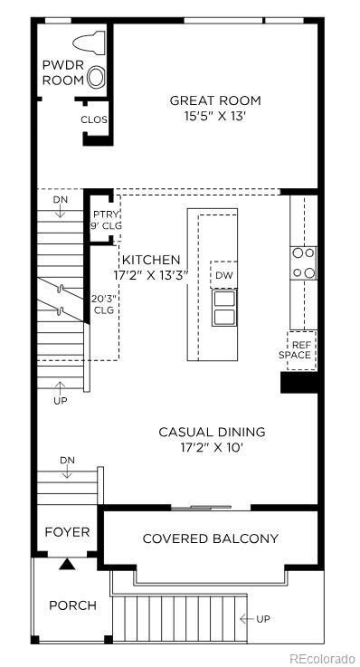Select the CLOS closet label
click(x=94, y=119)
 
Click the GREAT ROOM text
click(x=215, y=100)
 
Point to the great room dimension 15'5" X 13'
click(x=215, y=115)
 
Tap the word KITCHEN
click(x=151, y=260)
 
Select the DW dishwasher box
click(x=223, y=274)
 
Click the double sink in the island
click(x=223, y=307)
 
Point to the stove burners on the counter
click(x=303, y=262)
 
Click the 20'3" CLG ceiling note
click(x=104, y=304)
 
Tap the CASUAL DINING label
click(x=213, y=432)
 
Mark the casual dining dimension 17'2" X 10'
click(x=213, y=447)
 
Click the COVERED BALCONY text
click(x=211, y=538)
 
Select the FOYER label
click(x=68, y=531)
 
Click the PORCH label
click(x=72, y=605)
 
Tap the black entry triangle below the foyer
click(x=67, y=565)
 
